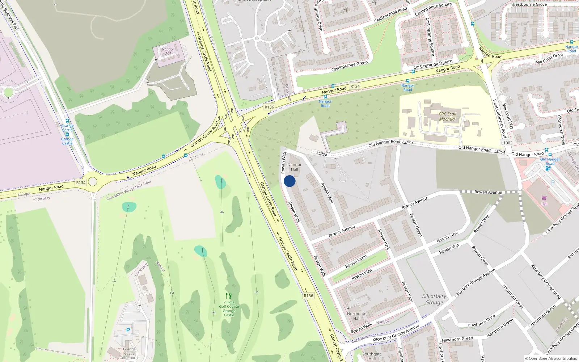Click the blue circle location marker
289,181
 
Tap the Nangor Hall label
295,167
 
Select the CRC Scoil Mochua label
447,116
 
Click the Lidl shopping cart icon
544,198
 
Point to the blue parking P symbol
128,330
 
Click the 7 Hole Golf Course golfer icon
228,296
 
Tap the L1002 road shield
507,143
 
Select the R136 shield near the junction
269,107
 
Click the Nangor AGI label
168,51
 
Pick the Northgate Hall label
356,316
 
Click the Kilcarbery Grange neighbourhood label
434,299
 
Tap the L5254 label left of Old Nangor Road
321,154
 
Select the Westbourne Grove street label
529,5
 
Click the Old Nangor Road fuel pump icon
548,168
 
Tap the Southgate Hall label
372,356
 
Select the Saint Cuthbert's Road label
499,119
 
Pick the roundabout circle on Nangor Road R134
93,181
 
